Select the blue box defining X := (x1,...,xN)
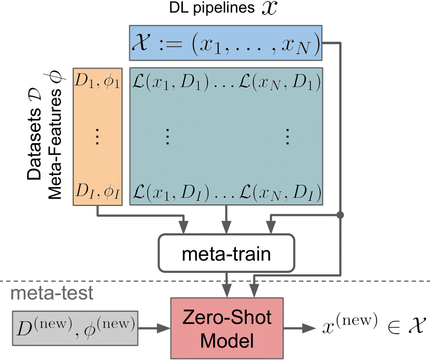pos(226,42)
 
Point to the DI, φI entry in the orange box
pos(98,193)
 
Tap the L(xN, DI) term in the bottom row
pos(281,193)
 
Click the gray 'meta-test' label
pos(52,293)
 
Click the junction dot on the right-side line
pos(340,213)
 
